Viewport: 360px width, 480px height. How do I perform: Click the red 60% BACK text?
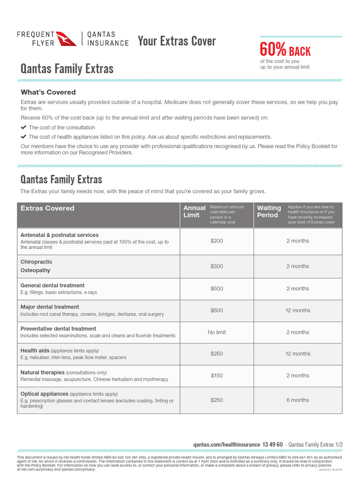285,50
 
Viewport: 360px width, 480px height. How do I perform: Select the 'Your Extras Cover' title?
177,41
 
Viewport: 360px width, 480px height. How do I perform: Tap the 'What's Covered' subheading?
48,92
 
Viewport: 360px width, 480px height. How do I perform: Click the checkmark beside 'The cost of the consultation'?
23,127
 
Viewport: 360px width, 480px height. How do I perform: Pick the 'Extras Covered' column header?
47,208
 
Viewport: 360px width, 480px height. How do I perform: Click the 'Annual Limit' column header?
194,211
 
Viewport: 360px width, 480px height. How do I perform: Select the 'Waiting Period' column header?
269,211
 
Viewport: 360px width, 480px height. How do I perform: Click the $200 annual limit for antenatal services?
217,241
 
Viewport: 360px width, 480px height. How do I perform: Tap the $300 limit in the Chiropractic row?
217,266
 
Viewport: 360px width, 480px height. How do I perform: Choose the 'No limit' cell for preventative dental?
217,332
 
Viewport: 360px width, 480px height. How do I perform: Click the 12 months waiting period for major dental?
298,310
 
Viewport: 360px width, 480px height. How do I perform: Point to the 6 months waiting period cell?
298,400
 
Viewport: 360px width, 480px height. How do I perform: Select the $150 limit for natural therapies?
217,375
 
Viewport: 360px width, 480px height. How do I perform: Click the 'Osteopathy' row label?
35,270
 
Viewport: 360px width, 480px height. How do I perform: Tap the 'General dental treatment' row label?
52,285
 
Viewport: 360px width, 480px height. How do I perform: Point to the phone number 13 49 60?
273,444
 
